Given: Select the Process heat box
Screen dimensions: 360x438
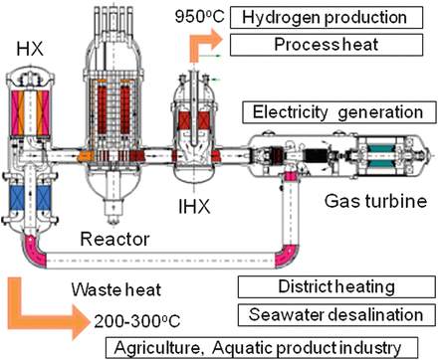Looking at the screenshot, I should pyautogui.click(x=321, y=46).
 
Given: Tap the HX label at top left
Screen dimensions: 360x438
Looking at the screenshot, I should pyautogui.click(x=27, y=48).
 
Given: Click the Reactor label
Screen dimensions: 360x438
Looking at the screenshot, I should pyautogui.click(x=120, y=240).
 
